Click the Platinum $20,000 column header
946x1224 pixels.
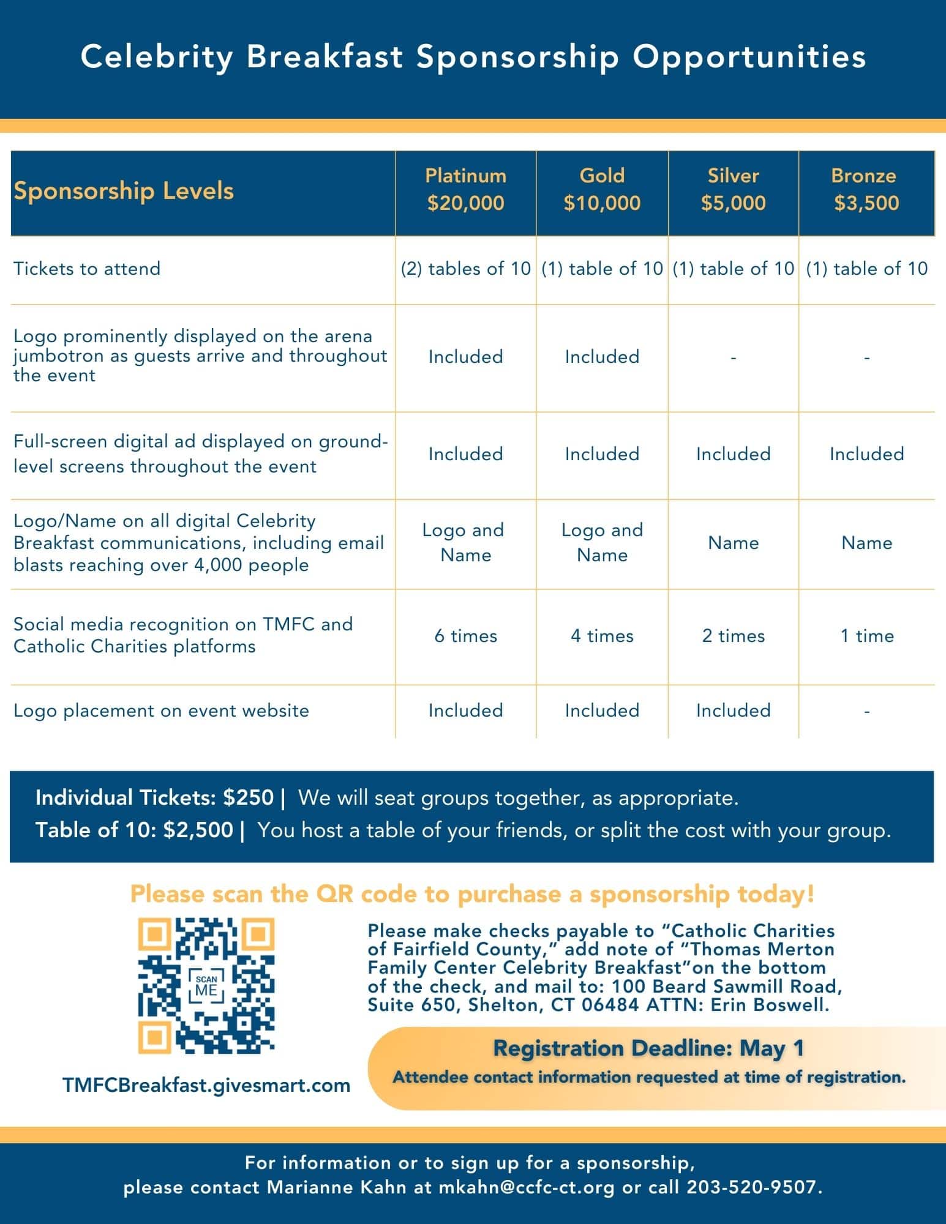465,190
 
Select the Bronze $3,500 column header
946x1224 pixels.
866,190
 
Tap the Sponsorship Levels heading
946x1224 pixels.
124,191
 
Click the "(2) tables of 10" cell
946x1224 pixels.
465,269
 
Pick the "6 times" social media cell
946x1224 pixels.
465,636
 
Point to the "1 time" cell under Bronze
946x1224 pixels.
866,636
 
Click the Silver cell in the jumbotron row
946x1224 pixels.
733,357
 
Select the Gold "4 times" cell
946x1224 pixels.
602,636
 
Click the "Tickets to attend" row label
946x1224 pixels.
87,269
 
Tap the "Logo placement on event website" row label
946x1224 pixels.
161,711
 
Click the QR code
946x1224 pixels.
206,985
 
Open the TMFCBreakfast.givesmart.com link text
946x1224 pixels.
206,1086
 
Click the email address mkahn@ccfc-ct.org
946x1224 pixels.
527,1187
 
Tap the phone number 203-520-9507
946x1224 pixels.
752,1187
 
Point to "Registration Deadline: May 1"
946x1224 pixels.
648,1048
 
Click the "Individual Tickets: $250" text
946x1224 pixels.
154,798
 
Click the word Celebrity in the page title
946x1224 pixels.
157,57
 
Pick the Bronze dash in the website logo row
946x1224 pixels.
866,712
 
